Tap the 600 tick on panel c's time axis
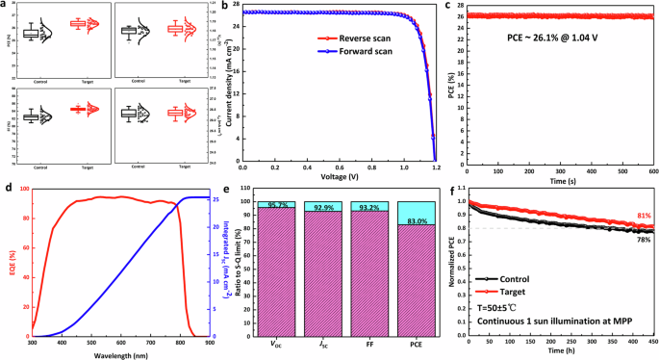(x=652, y=171)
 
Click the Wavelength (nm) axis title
(x=120, y=354)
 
